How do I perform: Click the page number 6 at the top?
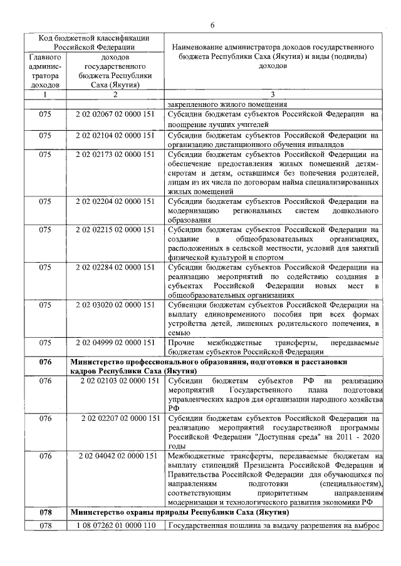(x=212, y=24)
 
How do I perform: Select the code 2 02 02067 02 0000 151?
(x=115, y=114)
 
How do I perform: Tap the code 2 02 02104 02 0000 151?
(x=115, y=134)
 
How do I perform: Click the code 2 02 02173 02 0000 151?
(x=115, y=153)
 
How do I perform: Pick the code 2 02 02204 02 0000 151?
(x=115, y=201)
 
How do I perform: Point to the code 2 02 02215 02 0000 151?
(x=115, y=230)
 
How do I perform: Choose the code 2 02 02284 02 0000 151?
(x=115, y=268)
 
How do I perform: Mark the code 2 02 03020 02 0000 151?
(x=115, y=305)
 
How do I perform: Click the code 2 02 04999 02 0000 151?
(x=115, y=343)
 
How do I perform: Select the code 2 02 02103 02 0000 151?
(x=115, y=381)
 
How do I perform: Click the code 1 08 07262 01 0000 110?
(x=115, y=525)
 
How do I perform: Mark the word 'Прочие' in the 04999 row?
(x=181, y=343)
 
